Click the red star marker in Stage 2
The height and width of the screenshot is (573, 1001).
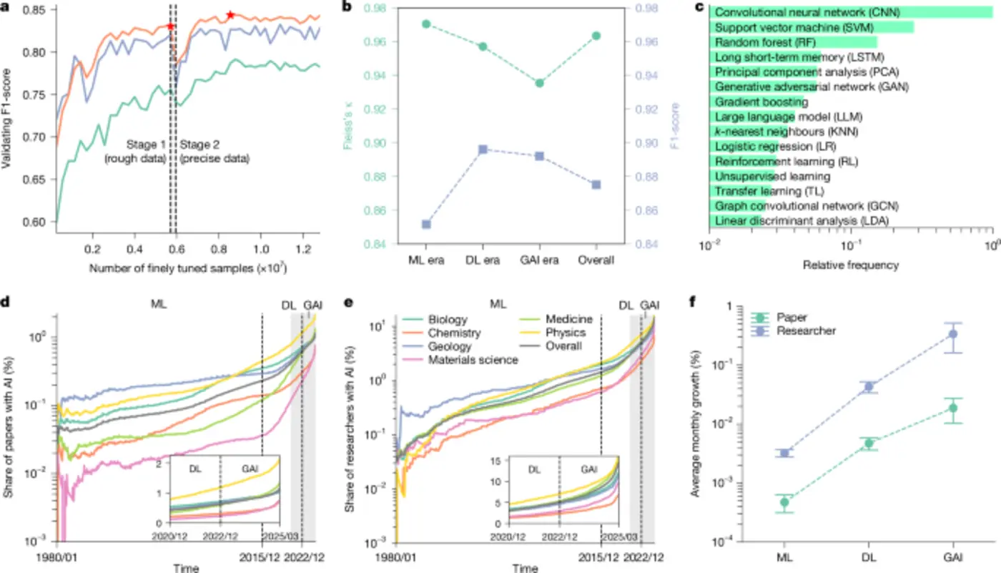click(x=230, y=15)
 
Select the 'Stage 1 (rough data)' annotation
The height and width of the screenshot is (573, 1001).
click(x=142, y=152)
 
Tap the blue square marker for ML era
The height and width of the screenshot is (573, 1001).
click(x=426, y=225)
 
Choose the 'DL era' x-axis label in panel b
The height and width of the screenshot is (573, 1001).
click(x=483, y=260)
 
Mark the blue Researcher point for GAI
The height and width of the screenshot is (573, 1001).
click(x=952, y=334)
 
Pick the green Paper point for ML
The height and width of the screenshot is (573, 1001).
click(x=785, y=502)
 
